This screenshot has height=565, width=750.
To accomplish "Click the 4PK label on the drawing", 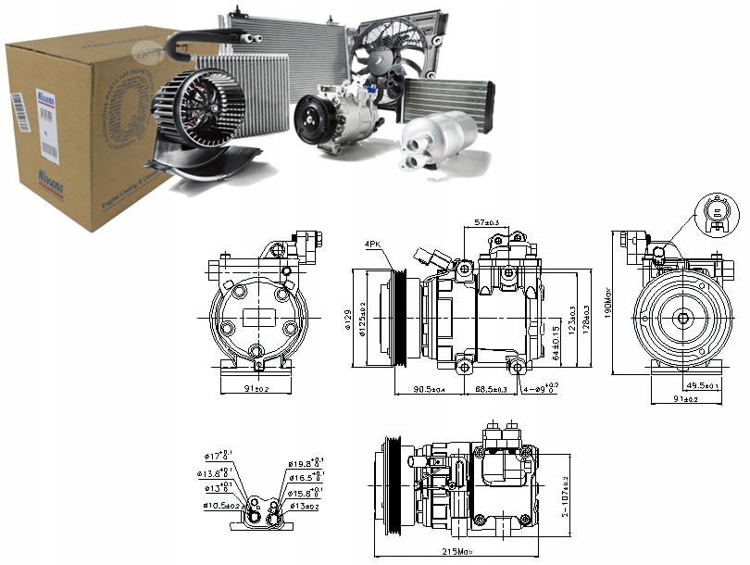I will (372, 244).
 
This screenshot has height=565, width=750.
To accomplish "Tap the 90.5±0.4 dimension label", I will (430, 389).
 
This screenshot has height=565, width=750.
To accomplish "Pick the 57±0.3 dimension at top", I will (488, 223).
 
